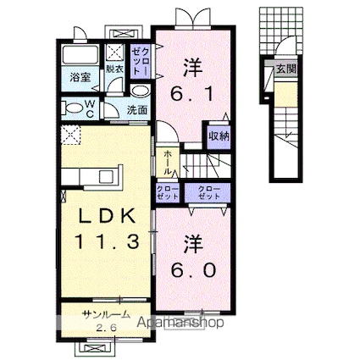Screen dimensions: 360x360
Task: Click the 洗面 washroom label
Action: coord(137,110)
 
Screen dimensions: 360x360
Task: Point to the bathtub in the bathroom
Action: coord(81,59)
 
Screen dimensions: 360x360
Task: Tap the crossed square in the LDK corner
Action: coord(68,133)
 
